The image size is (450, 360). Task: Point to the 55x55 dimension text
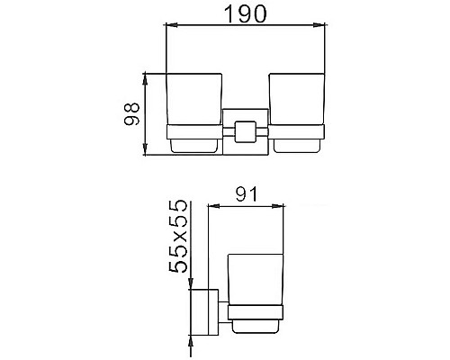(180, 236)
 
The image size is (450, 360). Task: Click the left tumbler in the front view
(192, 102)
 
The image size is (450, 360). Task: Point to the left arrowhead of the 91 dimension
(211, 205)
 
